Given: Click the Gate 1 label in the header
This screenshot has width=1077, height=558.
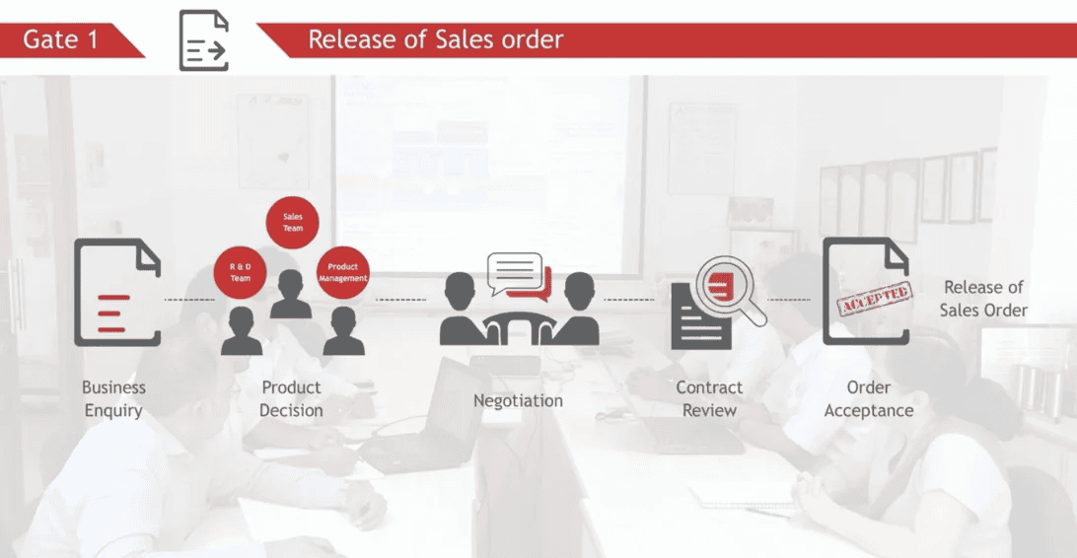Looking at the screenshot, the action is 60,39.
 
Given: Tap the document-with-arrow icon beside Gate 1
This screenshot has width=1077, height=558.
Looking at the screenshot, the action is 203,40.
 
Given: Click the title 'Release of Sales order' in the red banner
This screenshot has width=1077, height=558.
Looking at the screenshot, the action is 436,39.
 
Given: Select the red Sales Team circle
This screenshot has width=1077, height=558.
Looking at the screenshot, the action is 293,223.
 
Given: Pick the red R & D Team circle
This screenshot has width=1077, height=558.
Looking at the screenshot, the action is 240,272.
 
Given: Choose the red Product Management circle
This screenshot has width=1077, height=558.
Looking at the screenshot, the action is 343,272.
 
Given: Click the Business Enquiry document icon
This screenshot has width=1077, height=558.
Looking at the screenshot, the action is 117,293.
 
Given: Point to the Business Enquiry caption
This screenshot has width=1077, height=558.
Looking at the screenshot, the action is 114,398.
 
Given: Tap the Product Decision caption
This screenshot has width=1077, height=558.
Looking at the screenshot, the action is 291,398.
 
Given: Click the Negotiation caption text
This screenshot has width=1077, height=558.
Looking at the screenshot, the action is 518,401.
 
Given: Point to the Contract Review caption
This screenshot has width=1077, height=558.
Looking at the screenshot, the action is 709,398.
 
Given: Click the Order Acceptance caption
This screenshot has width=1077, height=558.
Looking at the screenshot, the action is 869,398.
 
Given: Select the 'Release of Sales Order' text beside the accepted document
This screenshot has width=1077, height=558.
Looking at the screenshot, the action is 983,299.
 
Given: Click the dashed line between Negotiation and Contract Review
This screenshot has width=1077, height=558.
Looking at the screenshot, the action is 628,300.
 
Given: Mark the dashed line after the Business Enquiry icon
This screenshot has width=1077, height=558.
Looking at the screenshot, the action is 189,300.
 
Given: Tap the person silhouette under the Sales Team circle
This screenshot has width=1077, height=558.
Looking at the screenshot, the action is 291,294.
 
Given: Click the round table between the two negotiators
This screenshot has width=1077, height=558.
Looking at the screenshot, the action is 519,327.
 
